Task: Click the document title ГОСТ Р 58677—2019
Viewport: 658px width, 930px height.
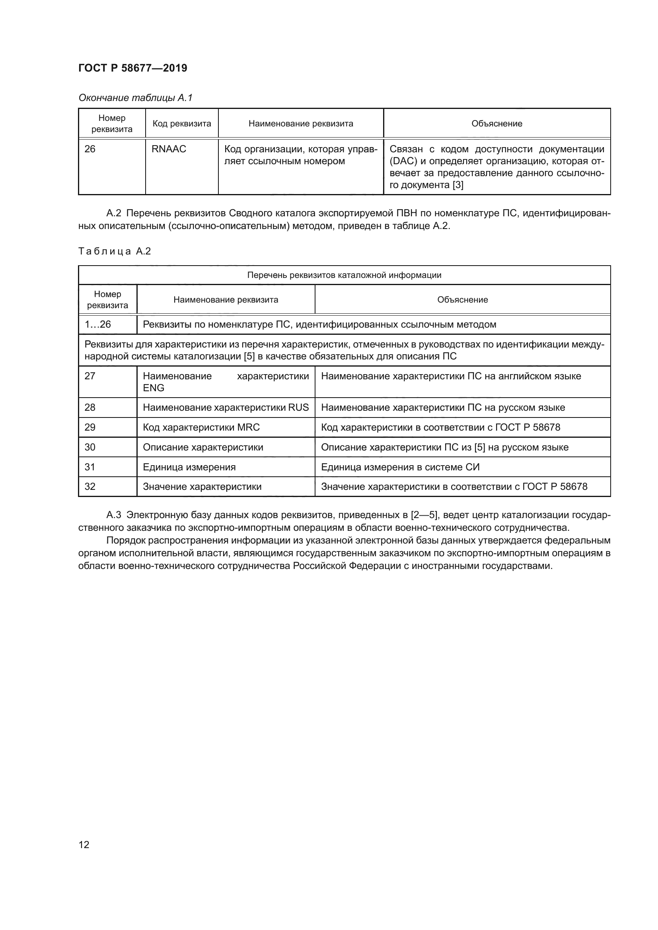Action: coord(132,68)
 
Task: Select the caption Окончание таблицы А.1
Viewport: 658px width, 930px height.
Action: coord(135,98)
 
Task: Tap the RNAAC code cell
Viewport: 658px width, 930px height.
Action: coord(169,149)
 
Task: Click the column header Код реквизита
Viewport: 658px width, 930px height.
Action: coord(181,124)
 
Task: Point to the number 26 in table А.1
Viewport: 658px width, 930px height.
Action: coord(90,149)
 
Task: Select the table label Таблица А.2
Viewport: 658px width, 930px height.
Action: coord(114,252)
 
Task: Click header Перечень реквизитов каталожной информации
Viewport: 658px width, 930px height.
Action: coord(344,276)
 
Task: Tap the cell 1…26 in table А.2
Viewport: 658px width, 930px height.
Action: coord(97,324)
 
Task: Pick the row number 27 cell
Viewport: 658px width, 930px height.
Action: coord(90,376)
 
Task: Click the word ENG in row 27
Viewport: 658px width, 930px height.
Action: coord(154,388)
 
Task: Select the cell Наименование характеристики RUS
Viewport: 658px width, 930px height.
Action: coord(226,408)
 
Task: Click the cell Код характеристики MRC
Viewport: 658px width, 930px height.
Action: coord(201,427)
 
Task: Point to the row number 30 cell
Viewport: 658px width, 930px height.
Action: coord(90,447)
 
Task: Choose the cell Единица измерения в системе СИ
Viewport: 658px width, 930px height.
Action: coord(400,467)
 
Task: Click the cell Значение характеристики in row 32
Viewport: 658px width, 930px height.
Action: coord(202,486)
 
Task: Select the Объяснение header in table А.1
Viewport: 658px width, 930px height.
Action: coord(496,124)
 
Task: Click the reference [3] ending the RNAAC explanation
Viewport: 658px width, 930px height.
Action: coord(458,185)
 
